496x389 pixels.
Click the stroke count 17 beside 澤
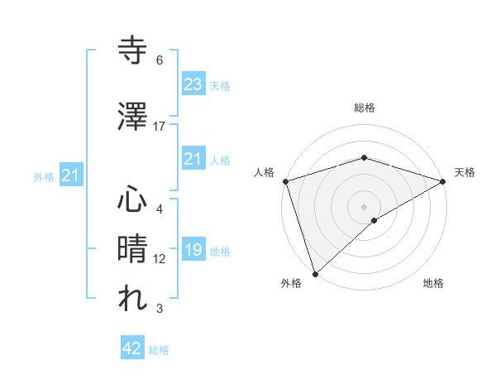click(160, 127)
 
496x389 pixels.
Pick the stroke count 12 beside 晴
click(160, 259)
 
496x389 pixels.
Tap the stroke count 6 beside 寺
click(160, 60)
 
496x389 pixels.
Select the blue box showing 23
click(193, 84)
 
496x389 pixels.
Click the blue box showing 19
click(193, 250)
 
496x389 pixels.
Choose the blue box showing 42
click(131, 348)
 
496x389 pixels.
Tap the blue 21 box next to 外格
click(70, 175)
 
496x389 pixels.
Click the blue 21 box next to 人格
click(193, 159)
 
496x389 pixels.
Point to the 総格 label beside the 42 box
click(159, 350)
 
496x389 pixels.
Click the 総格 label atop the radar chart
click(364, 108)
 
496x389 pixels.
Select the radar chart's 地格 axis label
click(433, 283)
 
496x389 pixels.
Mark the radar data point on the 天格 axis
click(444, 180)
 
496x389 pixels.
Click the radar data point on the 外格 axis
click(315, 273)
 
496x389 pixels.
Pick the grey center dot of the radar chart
click(364, 206)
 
